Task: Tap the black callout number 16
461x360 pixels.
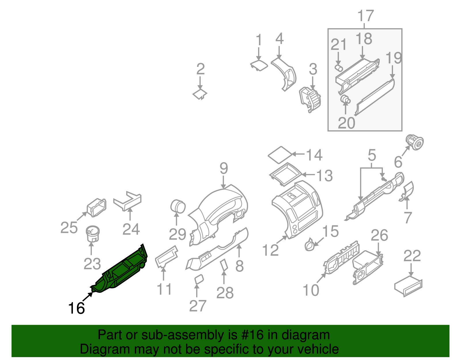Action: [76, 308]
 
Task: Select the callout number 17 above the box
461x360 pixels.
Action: [365, 16]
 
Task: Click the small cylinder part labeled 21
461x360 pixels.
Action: [338, 68]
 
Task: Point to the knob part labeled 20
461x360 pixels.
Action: [345, 100]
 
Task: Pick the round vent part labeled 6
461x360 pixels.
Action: [415, 142]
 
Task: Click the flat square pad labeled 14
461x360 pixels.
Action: [280, 155]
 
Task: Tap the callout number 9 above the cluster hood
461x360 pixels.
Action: [224, 168]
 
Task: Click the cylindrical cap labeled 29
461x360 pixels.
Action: [178, 206]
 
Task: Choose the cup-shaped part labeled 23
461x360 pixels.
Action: [92, 233]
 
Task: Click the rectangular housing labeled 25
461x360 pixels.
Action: [97, 207]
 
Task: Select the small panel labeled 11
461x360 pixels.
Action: [167, 256]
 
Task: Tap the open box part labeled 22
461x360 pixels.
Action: [409, 287]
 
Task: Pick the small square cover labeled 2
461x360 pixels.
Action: [200, 94]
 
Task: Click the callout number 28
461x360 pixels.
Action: [225, 293]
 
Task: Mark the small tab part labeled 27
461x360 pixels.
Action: [199, 279]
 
